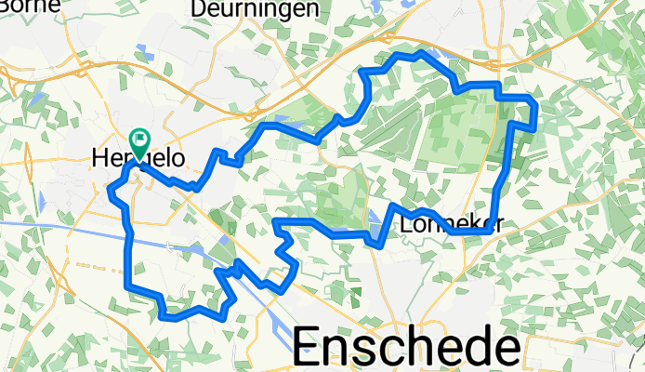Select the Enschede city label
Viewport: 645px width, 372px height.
[x=407, y=348]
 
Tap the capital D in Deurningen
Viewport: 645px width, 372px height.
[x=198, y=8]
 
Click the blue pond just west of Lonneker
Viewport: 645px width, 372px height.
[x=375, y=220]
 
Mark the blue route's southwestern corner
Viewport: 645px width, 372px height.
[x=130, y=285]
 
